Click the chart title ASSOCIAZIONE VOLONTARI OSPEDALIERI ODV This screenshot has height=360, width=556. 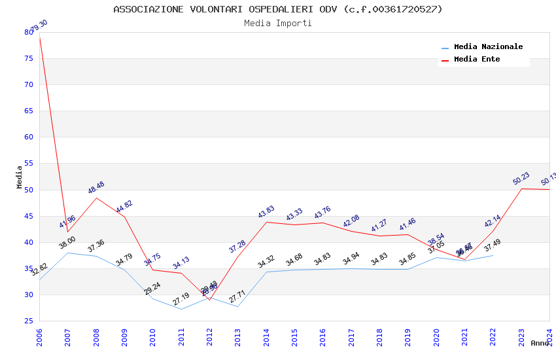coord(278,9)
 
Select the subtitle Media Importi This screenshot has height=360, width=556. coord(278,23)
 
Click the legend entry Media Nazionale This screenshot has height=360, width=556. coord(488,47)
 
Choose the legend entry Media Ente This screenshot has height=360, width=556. coord(477,59)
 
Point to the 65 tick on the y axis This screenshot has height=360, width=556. coord(28,111)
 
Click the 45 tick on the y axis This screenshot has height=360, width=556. coord(28,216)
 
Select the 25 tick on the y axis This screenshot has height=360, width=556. coord(28,321)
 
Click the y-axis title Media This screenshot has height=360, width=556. coord(20,177)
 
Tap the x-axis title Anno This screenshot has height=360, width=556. coord(540,343)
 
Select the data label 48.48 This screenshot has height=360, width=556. coord(96,188)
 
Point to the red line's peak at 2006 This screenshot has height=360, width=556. coord(40,37)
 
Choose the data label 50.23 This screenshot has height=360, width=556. coord(521,178)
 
